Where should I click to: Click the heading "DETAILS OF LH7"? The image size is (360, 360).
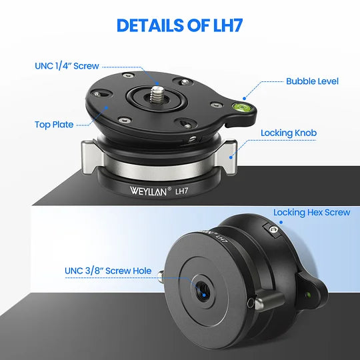tap(179, 25)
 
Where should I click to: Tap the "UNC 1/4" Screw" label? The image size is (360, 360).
tap(67, 66)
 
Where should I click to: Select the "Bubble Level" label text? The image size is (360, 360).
tap(312, 81)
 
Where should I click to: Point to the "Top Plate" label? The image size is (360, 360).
tap(54, 125)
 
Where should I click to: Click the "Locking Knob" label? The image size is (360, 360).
tap(289, 133)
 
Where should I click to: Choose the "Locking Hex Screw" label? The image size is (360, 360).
tap(311, 213)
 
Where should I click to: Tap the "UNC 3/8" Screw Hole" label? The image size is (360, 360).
tap(108, 271)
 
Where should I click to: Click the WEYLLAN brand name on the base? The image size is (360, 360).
tap(148, 191)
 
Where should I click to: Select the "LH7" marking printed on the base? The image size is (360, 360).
tap(181, 191)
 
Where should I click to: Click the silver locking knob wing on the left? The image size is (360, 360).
tap(92, 157)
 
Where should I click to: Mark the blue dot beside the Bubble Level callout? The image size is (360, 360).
tap(245, 99)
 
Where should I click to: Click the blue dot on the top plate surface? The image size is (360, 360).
tap(107, 107)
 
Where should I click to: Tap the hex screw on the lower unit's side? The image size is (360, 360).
tap(273, 229)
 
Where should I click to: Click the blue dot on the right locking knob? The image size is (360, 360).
tap(231, 157)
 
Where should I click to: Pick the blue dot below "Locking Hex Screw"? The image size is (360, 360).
tap(281, 222)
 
